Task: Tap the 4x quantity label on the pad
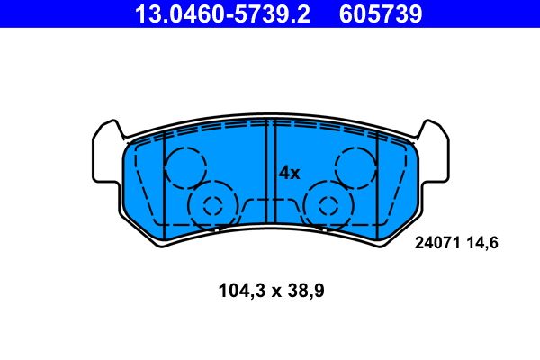click(288, 172)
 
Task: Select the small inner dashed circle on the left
click(212, 205)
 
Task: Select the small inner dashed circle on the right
click(328, 205)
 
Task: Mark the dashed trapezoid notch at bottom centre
click(270, 209)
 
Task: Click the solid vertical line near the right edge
click(377, 180)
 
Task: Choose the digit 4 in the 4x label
click(283, 172)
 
